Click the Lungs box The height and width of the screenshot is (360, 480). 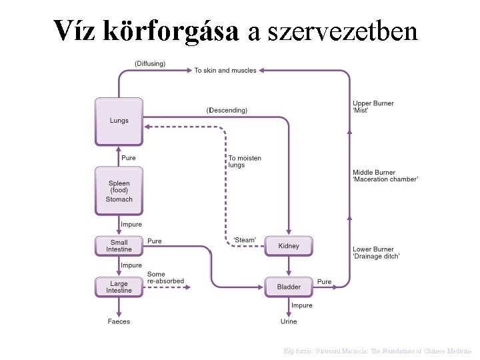pos(119,121)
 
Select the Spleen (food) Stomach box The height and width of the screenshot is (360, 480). pos(119,191)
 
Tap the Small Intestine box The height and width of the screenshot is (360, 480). pos(119,245)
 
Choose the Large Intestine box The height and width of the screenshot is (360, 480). pos(119,287)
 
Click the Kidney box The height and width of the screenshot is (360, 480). pos(289,246)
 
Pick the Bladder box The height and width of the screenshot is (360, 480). pos(289,287)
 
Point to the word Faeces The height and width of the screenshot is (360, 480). pos(119,321)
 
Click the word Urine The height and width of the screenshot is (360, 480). pos(289,321)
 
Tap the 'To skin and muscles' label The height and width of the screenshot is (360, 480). pos(225,70)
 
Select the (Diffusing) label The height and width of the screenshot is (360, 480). pos(150,63)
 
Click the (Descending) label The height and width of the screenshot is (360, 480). pos(227,110)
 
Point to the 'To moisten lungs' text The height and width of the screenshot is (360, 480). pos(245,161)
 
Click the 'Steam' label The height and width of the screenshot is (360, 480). pos(245,240)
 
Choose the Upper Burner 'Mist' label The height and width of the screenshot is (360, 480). pos(373,107)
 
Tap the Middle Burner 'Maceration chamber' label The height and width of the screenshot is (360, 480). pos(385,176)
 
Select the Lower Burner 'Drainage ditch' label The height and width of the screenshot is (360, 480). pos(376,253)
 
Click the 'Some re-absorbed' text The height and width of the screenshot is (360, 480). pos(165,277)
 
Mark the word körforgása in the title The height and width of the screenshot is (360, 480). pos(173,30)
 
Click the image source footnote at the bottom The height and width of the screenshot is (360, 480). pos(378,351)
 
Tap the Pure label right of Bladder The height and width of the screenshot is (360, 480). pos(324,282)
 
